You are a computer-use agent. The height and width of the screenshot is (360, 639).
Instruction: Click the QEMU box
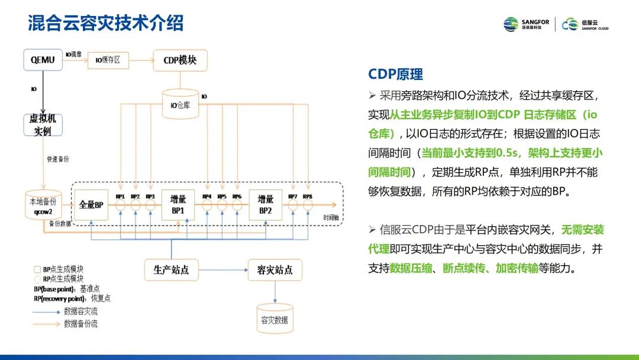click(43, 60)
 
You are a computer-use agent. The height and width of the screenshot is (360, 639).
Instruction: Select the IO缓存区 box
click(108, 60)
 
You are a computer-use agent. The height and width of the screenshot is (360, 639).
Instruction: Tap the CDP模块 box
click(180, 60)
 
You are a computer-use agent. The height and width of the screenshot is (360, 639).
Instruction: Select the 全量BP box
click(92, 205)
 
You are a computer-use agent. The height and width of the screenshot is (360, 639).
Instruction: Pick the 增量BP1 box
click(178, 205)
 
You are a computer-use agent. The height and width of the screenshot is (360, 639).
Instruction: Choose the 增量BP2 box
click(264, 205)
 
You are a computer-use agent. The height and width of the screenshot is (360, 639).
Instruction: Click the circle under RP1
click(121, 205)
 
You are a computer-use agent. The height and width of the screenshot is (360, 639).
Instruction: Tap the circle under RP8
click(307, 205)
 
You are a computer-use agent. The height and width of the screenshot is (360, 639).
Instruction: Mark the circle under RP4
click(207, 205)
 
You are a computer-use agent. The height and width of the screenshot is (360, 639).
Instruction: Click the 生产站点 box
click(171, 270)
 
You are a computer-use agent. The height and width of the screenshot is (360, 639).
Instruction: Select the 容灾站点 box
click(275, 270)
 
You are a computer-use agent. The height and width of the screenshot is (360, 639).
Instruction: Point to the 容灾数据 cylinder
click(275, 319)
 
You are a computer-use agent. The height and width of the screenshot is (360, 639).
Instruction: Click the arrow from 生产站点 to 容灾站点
click(222, 270)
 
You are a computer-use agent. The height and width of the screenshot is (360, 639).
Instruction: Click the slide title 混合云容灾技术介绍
click(106, 23)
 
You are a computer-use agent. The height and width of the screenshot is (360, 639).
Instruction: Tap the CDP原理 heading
click(395, 74)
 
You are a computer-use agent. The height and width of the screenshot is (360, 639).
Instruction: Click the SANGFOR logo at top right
click(526, 24)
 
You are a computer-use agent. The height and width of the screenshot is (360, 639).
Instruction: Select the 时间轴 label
click(332, 217)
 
